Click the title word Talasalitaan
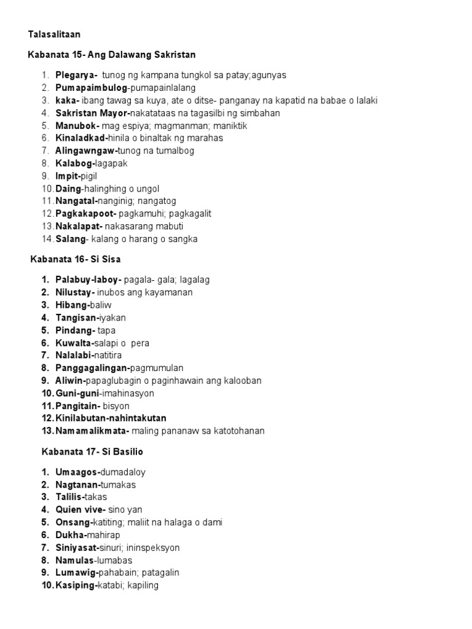pyautogui.click(x=54, y=35)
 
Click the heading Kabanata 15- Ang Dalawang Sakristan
pyautogui.click(x=112, y=55)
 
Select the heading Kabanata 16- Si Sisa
pyautogui.click(x=76, y=259)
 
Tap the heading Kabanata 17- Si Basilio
pyautogui.click(x=93, y=451)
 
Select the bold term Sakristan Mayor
pyautogui.click(x=91, y=113)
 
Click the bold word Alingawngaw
pyautogui.click(x=82, y=150)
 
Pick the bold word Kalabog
pyautogui.click(x=74, y=163)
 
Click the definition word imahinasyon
pyautogui.click(x=128, y=393)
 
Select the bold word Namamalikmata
pyautogui.click(x=92, y=431)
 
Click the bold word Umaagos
pyautogui.click(x=76, y=472)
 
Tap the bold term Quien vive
pyautogui.click(x=79, y=510)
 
